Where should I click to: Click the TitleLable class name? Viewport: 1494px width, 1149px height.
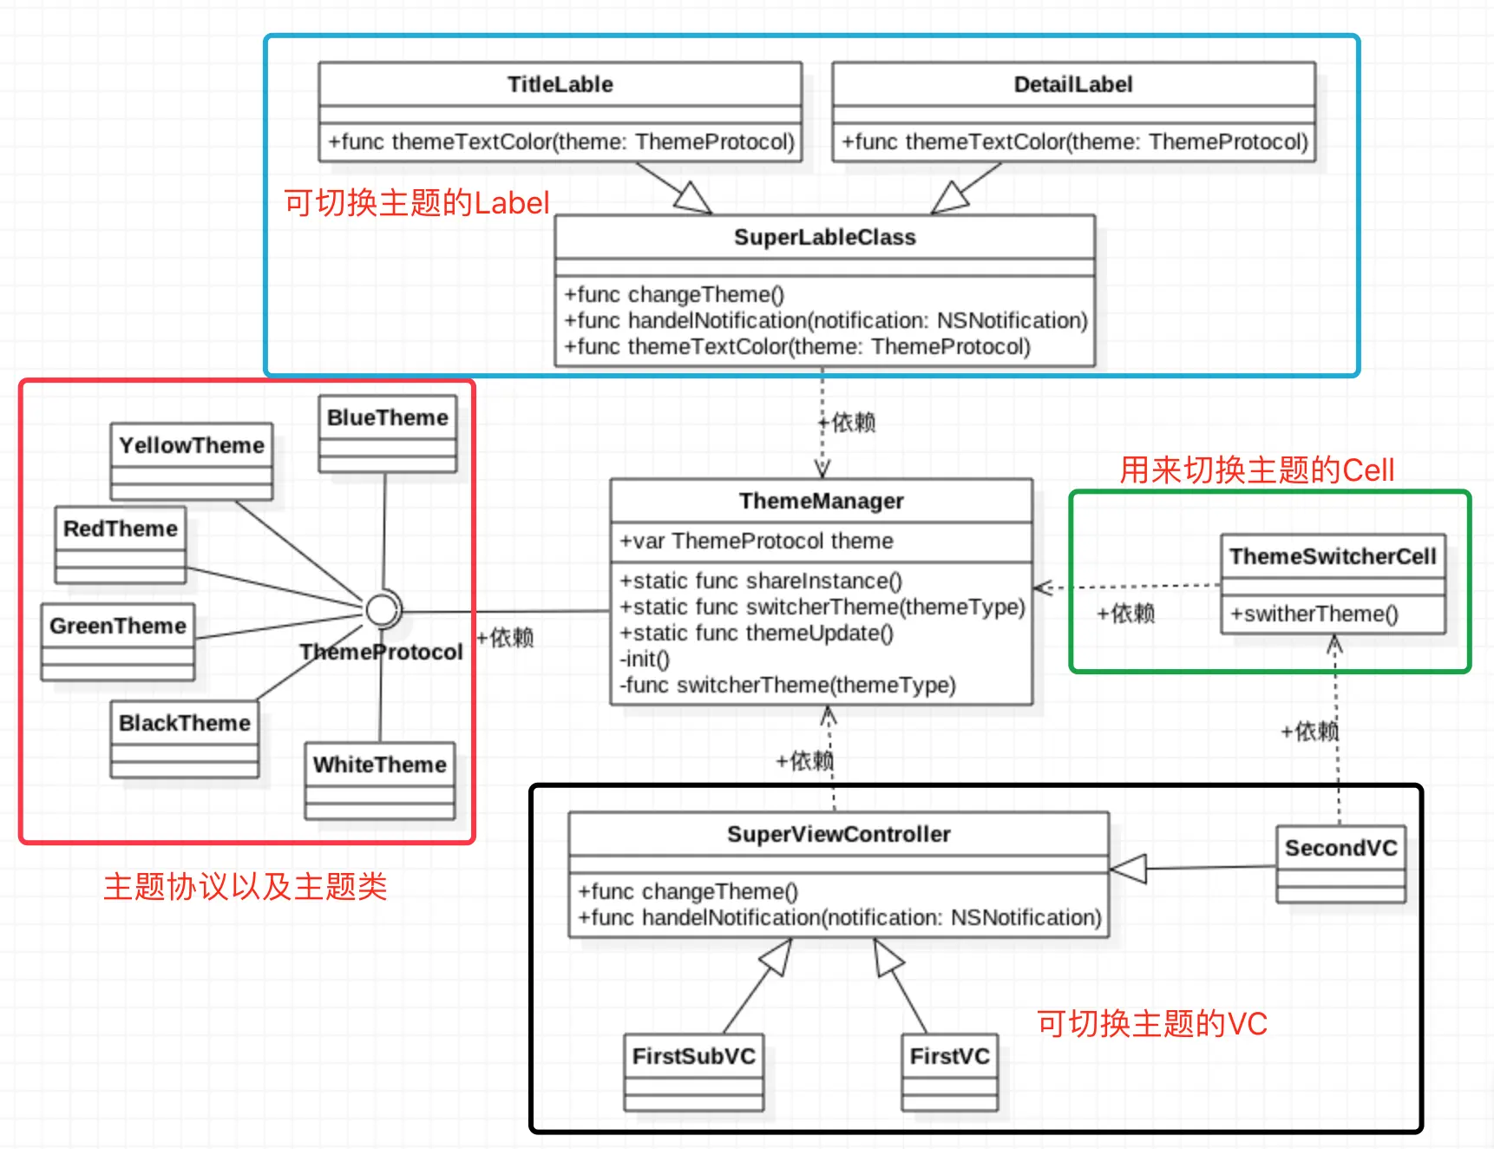[560, 84]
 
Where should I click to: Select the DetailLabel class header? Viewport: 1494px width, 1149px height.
[1073, 84]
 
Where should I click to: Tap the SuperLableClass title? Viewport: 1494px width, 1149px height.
[825, 237]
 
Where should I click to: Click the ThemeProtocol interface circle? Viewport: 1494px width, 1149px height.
[382, 610]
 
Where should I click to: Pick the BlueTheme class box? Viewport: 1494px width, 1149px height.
[388, 434]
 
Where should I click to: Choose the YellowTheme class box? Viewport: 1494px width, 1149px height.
[192, 461]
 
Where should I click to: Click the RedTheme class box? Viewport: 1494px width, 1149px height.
[121, 545]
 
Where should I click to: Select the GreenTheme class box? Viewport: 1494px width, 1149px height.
[118, 642]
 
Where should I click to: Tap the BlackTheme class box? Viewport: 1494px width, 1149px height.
[185, 739]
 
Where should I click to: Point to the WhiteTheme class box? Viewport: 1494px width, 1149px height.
[380, 781]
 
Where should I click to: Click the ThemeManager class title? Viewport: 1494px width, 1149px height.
[822, 501]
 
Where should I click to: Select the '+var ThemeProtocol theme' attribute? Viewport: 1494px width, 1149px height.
[757, 541]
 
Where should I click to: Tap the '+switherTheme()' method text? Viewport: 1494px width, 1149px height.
[1314, 614]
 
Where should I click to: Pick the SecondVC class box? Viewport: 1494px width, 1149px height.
[1341, 864]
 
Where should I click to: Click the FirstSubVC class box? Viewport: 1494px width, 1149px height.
[694, 1073]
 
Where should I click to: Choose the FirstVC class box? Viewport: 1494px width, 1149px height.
[950, 1073]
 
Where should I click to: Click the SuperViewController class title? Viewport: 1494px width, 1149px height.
[839, 834]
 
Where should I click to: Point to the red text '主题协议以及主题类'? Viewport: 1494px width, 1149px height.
[246, 886]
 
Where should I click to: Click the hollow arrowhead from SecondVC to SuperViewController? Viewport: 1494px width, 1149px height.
[1128, 868]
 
